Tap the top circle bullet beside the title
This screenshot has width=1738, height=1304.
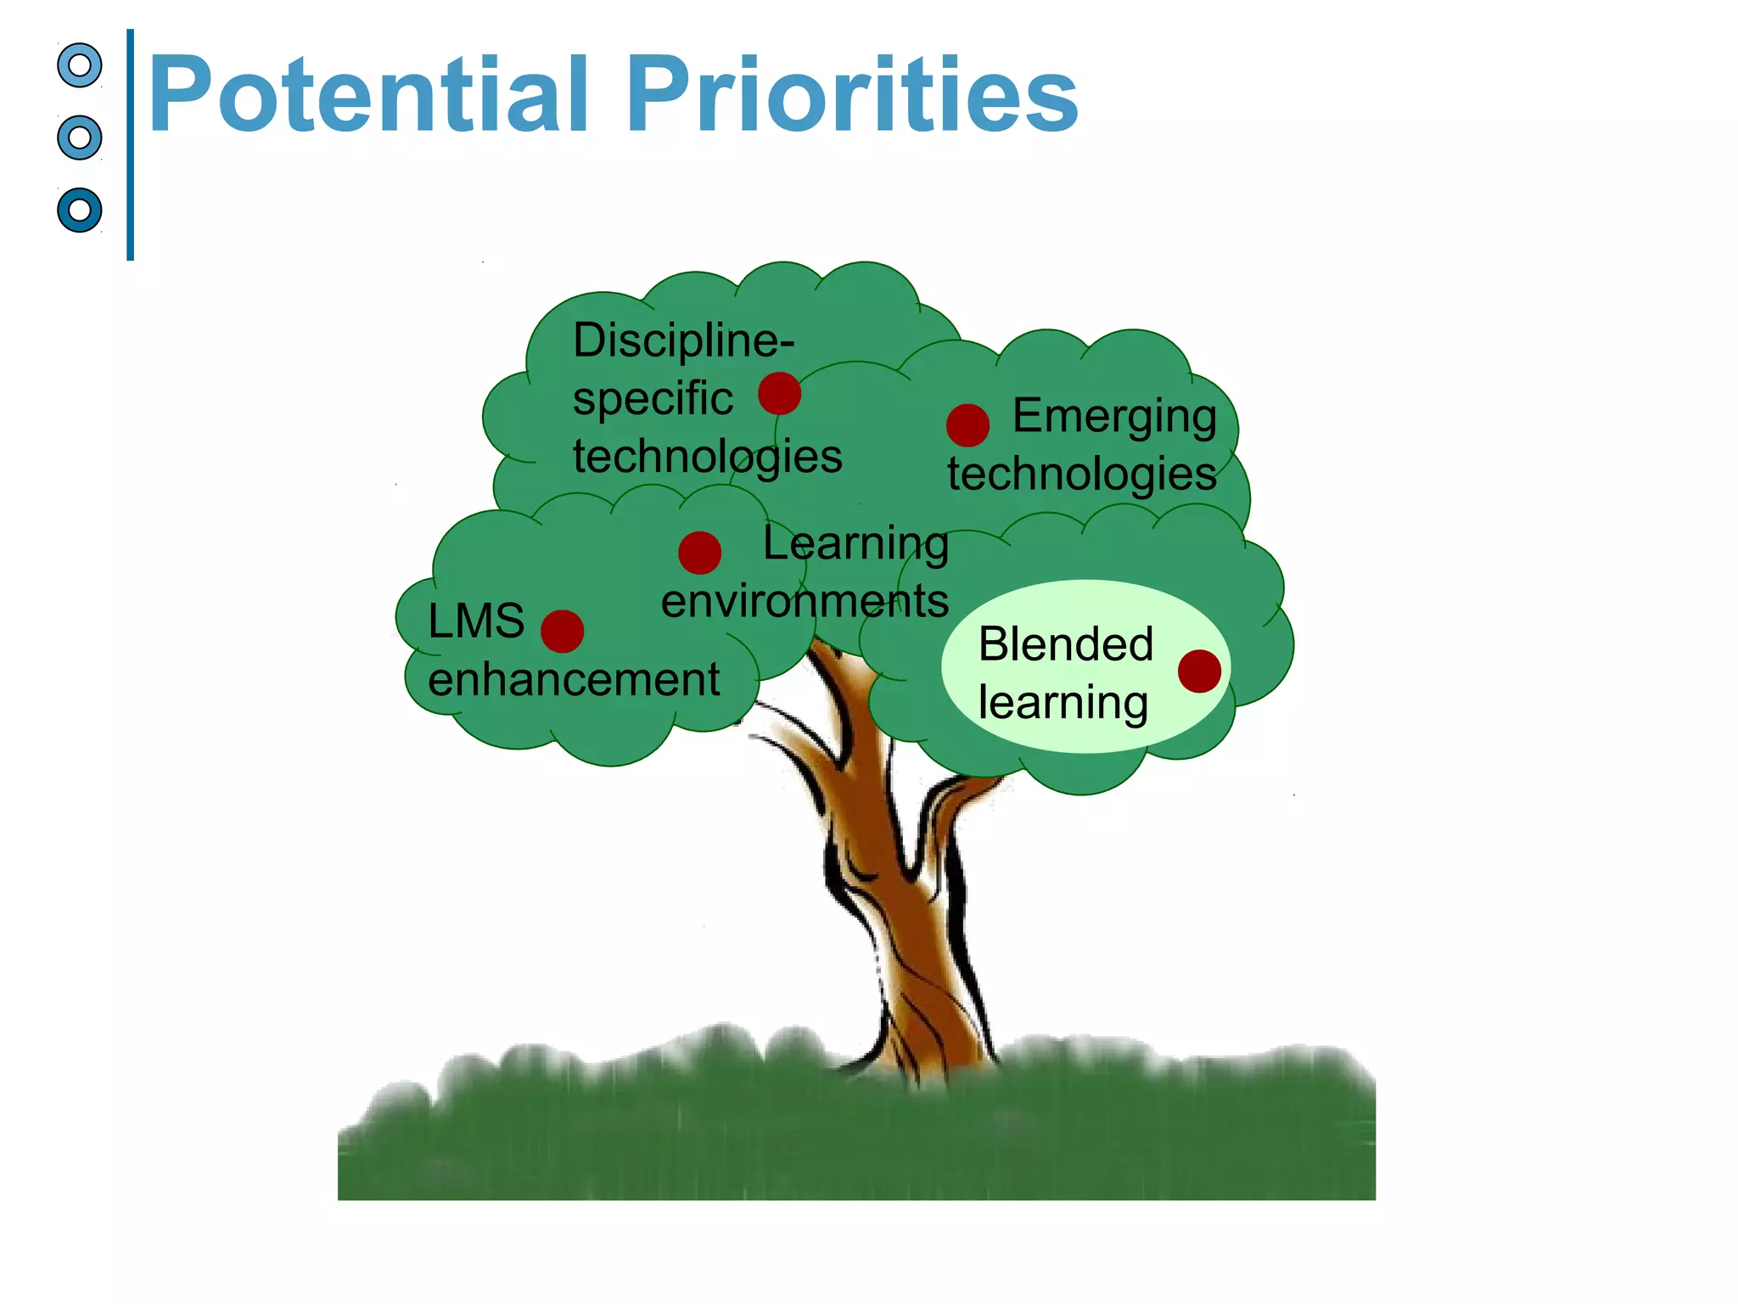[80, 65]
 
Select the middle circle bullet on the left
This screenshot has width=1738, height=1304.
[80, 138]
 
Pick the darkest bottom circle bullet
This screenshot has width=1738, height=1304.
[80, 210]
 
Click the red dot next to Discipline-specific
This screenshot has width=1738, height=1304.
[779, 394]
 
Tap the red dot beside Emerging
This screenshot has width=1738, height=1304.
[967, 425]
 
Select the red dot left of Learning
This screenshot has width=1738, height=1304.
[699, 553]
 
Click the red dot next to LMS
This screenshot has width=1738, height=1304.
[562, 631]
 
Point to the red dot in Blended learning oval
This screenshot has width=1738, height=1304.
[1199, 672]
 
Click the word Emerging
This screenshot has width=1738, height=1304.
[1114, 417]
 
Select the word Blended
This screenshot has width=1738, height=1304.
[1066, 644]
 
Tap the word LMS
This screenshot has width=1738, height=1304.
[476, 621]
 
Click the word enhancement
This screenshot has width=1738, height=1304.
[574, 680]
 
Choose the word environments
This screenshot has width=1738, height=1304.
[805, 601]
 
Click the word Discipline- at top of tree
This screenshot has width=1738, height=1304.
[683, 340]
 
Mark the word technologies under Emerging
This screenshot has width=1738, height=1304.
[1082, 474]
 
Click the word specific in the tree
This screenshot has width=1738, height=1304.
[652, 399]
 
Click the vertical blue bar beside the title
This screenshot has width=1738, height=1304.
[130, 144]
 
